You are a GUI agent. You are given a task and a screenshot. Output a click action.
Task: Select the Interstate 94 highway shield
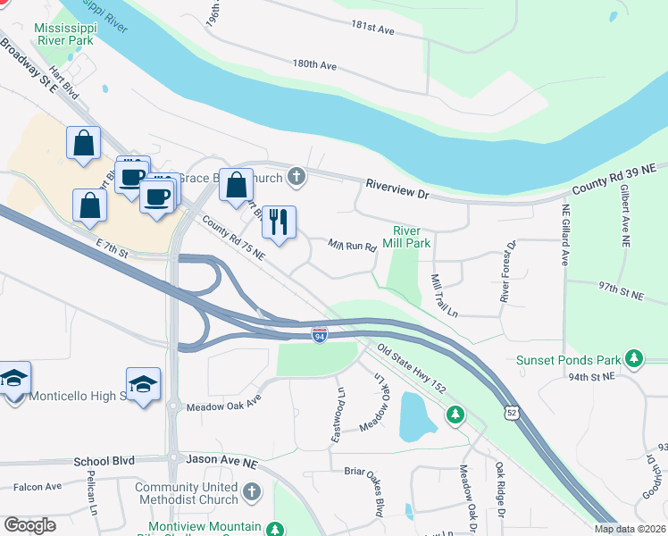319,335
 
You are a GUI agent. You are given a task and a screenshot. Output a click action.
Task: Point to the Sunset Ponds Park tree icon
634,359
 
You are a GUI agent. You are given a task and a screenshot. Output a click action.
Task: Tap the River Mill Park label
406,236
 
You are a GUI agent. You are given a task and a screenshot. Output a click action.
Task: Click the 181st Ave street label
373,29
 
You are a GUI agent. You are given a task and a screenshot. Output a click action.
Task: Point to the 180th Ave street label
314,65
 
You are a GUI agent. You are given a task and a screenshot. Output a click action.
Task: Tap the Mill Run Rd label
352,245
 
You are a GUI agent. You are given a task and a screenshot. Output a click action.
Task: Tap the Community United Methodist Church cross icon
252,491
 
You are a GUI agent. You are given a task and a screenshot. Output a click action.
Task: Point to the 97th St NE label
621,290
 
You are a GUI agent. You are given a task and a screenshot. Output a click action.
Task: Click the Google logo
30,525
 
